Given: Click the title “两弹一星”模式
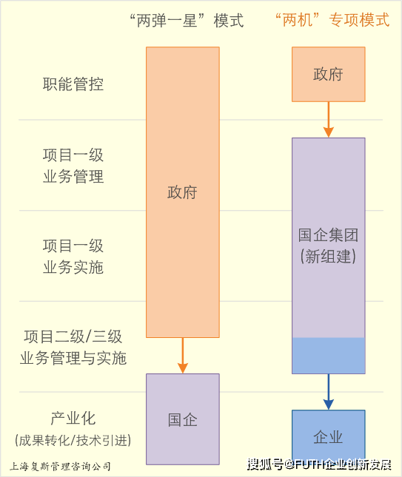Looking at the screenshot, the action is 187,21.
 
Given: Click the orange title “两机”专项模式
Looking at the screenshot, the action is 332,20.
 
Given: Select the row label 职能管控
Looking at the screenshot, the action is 73,84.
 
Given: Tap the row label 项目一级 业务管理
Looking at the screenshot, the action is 73,166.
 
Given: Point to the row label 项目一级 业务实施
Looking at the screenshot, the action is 73,257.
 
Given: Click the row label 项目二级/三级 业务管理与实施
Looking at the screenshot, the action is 73,348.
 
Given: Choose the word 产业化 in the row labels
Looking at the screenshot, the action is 73,419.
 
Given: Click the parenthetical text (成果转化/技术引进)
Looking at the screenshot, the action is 73,440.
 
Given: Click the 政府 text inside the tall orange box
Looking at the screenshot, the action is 182,192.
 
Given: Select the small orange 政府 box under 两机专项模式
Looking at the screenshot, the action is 329,74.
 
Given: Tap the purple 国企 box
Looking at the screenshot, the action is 183,419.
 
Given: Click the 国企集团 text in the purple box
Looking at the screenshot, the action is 328,235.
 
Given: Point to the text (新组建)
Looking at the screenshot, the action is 328,256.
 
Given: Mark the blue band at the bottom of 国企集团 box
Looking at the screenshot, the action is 329,355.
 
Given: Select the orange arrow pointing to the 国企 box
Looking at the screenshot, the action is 183,355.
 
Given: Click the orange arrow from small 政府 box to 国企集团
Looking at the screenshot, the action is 329,120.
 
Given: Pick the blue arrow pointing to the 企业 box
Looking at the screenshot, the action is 329,392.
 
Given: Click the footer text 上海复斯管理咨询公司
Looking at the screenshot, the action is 60,467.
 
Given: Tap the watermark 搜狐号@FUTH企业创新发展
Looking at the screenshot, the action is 319,464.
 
